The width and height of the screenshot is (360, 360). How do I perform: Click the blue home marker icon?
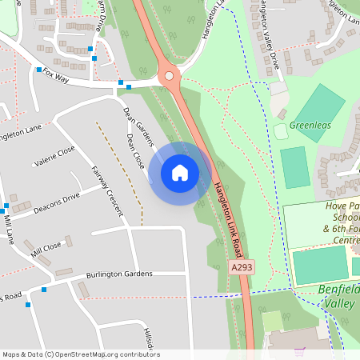[179, 172]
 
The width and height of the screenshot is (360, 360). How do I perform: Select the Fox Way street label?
[57, 74]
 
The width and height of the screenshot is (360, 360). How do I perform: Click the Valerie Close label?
[54, 155]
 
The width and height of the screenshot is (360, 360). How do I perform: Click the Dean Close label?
[135, 150]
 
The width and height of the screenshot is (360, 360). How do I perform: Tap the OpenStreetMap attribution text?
[80, 354]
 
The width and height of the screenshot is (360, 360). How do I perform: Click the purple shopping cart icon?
[300, 351]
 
